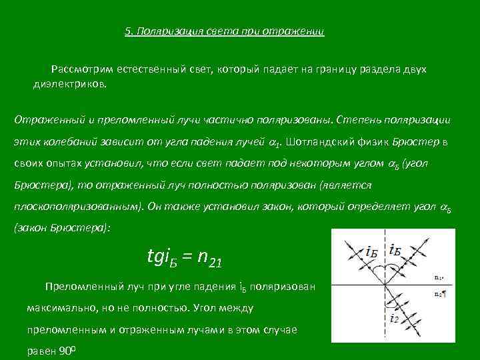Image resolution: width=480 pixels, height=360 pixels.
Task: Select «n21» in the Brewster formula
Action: tap(209, 258)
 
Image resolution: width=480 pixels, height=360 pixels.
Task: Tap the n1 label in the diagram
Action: tap(439, 277)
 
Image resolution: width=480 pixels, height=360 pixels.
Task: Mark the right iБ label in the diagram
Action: tap(395, 251)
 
